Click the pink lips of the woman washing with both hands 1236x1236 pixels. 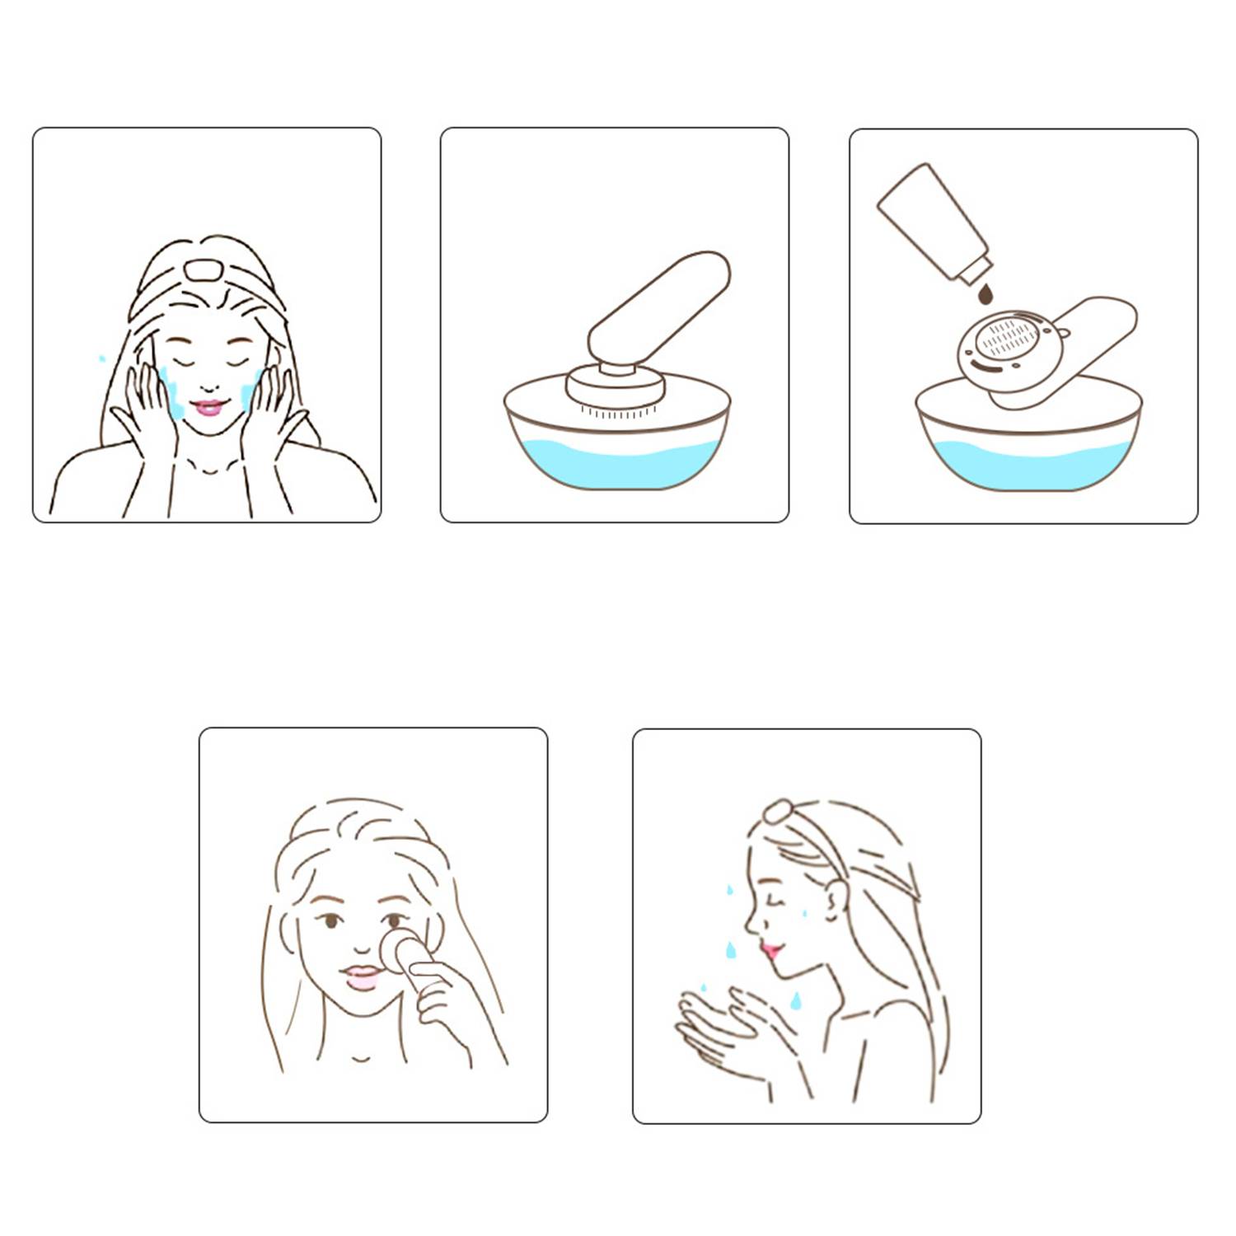(207, 407)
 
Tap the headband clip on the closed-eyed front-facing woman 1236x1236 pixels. (199, 269)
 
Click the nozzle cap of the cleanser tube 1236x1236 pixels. (974, 268)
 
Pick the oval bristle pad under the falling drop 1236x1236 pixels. (1010, 339)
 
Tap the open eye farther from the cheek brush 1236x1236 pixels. (330, 920)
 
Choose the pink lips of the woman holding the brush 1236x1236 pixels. (360, 978)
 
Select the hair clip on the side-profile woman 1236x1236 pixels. (775, 812)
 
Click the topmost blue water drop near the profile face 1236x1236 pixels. (729, 890)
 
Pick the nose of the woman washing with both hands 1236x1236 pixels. (209, 382)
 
